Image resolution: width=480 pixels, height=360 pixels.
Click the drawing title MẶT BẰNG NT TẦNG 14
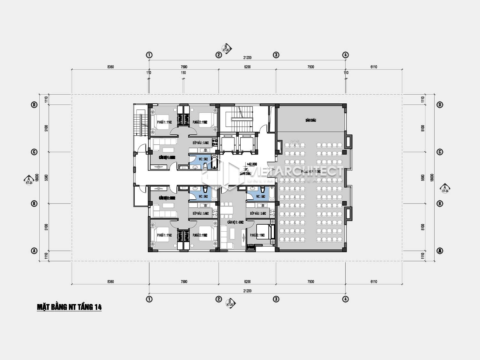pyautogui.click(x=69, y=307)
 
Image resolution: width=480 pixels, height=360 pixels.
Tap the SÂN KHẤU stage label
pyautogui.click(x=310, y=120)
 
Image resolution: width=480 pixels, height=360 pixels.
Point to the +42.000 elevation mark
pyautogui.click(x=252, y=164)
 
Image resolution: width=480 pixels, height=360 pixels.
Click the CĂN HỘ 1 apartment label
pyautogui.click(x=167, y=157)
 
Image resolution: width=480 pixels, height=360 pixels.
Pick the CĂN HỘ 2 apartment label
pyautogui.click(x=167, y=198)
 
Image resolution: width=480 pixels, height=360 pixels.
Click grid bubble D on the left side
pyautogui.click(x=34, y=105)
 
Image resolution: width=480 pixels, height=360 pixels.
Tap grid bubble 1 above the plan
pyautogui.click(x=149, y=55)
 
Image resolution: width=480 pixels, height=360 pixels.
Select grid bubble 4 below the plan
pyautogui.click(x=345, y=299)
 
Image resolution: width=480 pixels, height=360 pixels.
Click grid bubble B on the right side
pyautogui.click(x=440, y=204)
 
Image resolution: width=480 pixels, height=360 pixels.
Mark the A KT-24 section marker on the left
pyautogui.click(x=29, y=180)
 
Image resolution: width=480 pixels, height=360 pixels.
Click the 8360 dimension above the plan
pyautogui.click(x=110, y=67)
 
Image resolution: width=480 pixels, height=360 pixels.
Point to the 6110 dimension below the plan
pyautogui.click(x=374, y=282)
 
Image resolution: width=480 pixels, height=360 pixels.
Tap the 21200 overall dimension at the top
pyautogui.click(x=247, y=58)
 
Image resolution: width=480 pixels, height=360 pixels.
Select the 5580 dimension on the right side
pyautogui.click(x=423, y=178)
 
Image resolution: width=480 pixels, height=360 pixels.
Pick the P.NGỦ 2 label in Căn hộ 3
pyautogui.click(x=258, y=235)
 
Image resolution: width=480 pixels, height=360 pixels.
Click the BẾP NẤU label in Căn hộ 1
pyautogui.click(x=201, y=143)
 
